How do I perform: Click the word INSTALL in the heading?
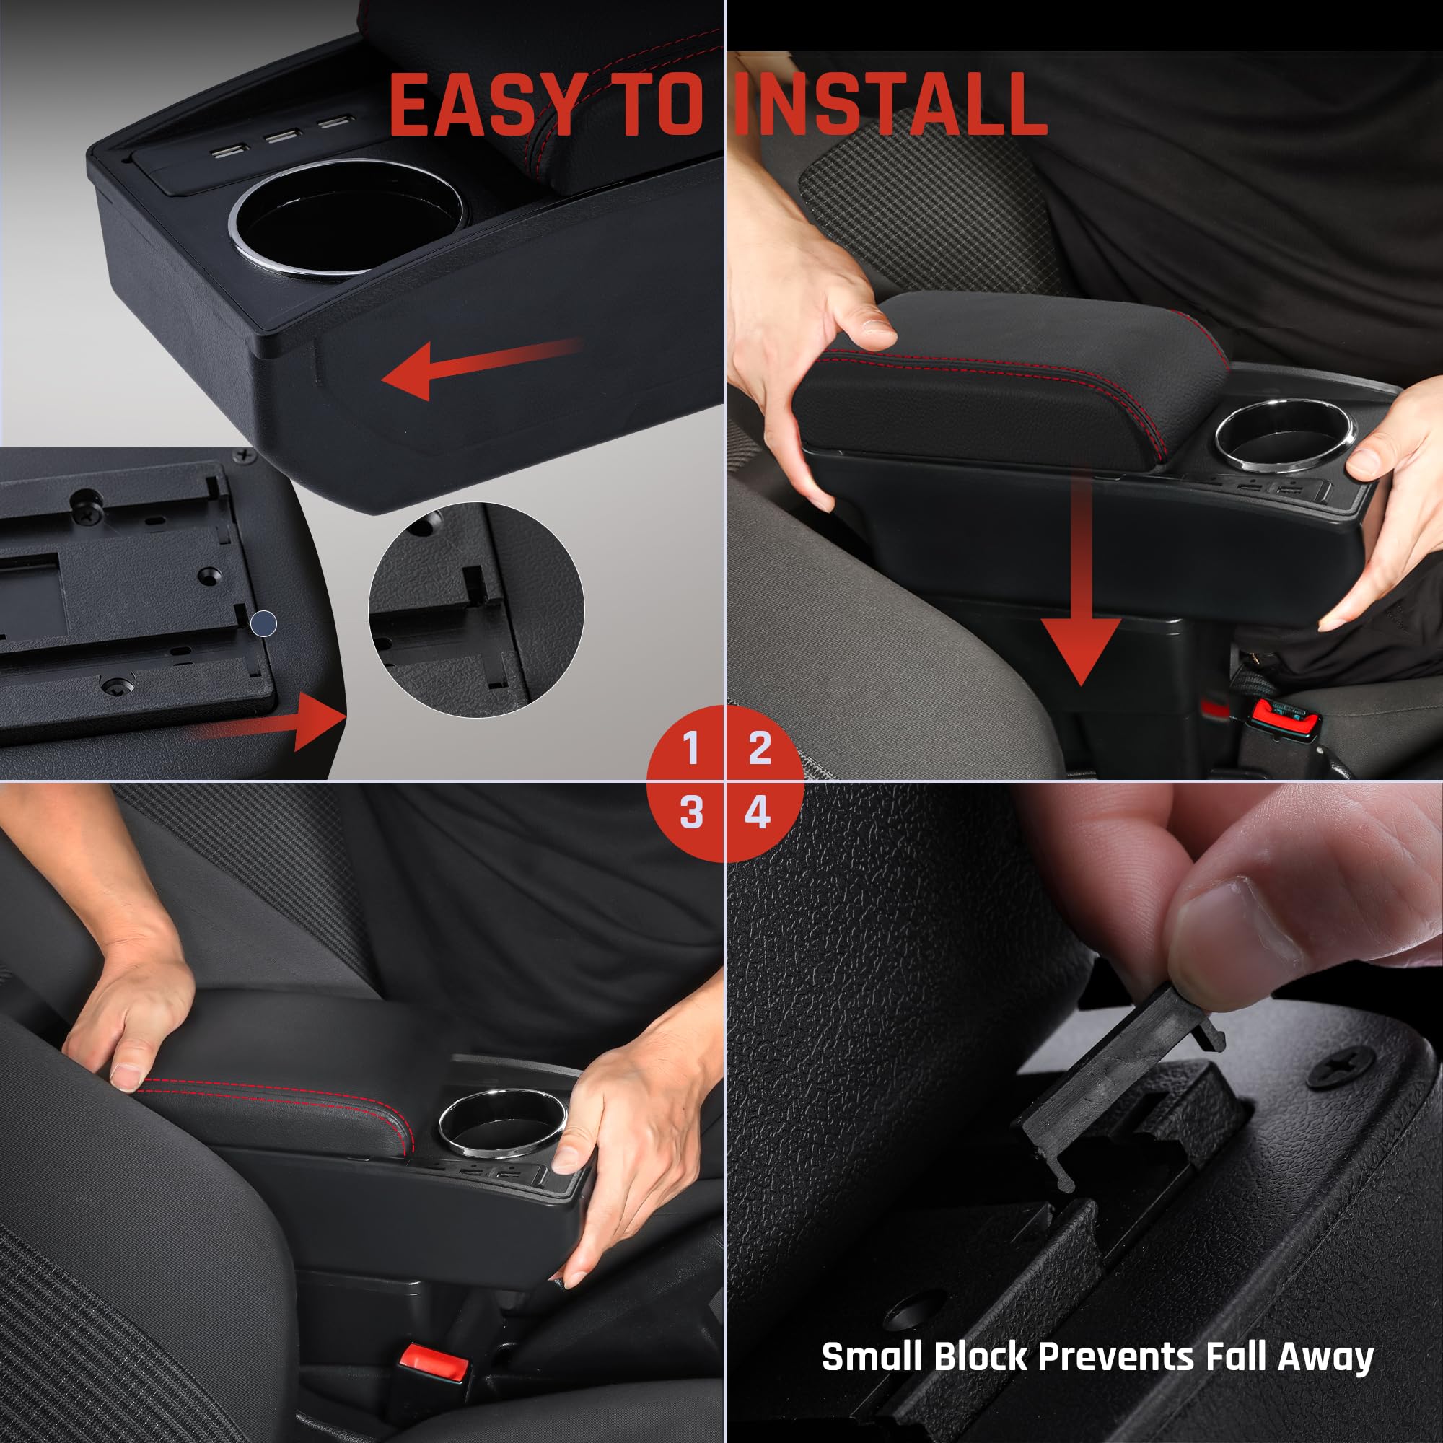890,105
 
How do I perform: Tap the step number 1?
691,747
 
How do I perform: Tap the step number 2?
759,747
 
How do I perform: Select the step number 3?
691,812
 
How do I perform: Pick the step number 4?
758,812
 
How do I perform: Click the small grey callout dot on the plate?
263,623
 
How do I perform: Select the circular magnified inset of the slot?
476,610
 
